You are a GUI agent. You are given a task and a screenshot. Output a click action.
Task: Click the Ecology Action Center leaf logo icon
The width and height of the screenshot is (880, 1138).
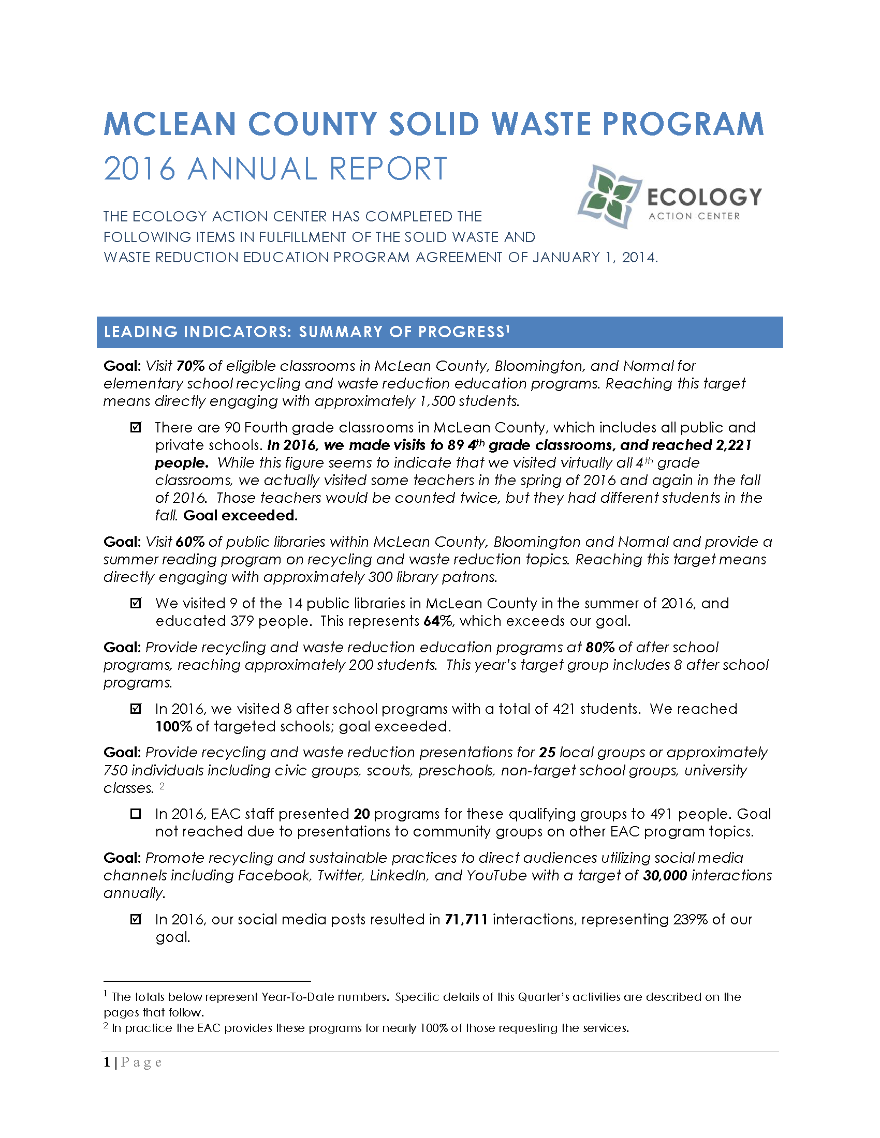point(609,196)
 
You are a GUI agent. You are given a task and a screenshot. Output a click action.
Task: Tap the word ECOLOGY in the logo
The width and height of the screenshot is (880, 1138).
point(704,197)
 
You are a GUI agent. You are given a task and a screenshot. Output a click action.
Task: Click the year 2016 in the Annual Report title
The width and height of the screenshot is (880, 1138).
point(139,169)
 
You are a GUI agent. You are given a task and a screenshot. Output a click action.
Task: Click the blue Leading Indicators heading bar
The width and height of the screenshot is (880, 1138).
point(439,332)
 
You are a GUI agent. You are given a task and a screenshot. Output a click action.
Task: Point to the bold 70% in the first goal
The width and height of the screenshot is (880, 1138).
point(190,366)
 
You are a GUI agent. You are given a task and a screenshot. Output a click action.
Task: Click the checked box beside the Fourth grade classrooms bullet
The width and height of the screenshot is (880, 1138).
point(136,427)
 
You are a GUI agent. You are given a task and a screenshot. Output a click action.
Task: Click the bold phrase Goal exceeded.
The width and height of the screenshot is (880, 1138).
point(240,515)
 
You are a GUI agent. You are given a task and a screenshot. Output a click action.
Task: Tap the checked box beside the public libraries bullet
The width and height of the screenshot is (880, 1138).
point(136,603)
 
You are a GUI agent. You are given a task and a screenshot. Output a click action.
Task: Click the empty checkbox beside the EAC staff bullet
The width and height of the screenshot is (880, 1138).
point(136,813)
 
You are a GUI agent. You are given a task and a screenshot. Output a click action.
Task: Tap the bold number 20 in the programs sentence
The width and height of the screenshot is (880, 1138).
point(361,814)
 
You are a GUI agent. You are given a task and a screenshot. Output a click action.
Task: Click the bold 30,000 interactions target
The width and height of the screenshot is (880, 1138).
point(665,875)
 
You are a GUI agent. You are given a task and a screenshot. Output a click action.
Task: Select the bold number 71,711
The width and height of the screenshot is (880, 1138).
point(466,919)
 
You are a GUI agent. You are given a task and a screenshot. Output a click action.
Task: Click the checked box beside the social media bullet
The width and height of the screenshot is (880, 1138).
point(136,919)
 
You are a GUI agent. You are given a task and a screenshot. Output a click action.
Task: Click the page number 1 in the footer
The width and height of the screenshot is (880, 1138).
point(107,1062)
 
